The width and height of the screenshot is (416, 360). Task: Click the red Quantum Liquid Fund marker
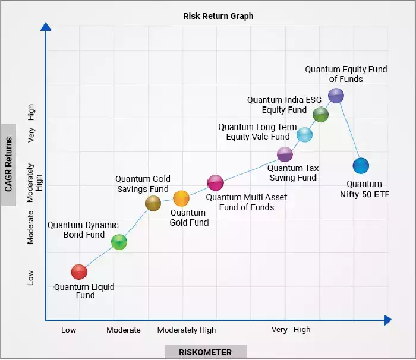[79, 271]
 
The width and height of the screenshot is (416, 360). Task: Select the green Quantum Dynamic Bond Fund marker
[119, 242]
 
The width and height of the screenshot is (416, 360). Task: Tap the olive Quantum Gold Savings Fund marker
[153, 204]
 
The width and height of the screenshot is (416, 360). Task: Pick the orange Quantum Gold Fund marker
[181, 198]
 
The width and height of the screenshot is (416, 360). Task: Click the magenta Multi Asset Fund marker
[215, 182]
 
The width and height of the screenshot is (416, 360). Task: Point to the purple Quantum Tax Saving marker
[285, 154]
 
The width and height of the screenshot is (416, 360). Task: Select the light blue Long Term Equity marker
[304, 134]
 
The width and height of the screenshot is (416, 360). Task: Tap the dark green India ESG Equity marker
[321, 115]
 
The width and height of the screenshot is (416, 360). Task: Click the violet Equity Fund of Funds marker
[336, 95]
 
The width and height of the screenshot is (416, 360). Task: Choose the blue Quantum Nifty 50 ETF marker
[361, 166]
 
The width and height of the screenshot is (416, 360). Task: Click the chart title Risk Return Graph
[218, 16]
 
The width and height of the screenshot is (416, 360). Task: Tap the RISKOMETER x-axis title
[206, 352]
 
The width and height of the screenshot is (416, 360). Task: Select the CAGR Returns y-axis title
[8, 165]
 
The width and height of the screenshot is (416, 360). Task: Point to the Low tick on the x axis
[69, 330]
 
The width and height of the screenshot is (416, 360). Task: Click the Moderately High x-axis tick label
[187, 330]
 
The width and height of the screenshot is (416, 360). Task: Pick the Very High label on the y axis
[31, 123]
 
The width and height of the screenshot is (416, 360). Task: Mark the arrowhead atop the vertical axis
[46, 26]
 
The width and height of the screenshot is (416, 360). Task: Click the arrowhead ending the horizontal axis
[387, 320]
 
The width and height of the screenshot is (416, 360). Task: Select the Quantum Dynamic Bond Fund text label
[83, 230]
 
